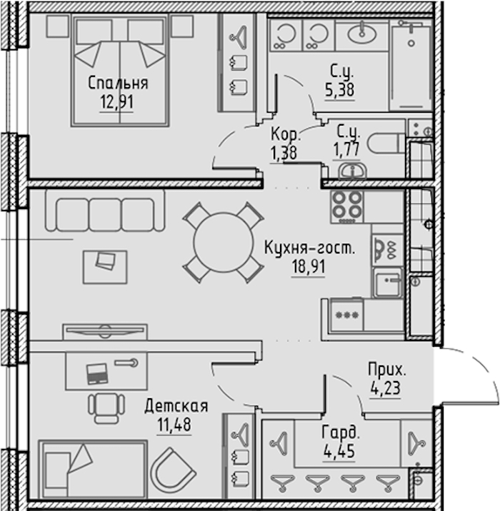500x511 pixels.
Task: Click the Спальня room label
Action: click(118, 83)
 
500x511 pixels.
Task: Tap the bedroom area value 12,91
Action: click(116, 102)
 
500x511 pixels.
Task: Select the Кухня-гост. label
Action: click(309, 248)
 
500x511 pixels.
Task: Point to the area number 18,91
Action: click(309, 267)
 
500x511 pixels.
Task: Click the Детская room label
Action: click(176, 406)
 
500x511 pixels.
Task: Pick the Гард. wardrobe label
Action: click(341, 432)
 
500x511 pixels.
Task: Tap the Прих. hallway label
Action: click(387, 370)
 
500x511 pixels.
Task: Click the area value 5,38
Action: click(339, 90)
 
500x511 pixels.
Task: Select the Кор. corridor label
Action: click(286, 133)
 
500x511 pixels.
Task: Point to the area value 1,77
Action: click(346, 150)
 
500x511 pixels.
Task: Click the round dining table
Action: click(224, 243)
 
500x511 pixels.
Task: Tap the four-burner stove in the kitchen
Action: click(347, 207)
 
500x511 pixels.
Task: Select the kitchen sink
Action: click(387, 283)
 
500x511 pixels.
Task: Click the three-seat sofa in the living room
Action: click(105, 211)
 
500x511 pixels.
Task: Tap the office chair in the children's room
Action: click(106, 408)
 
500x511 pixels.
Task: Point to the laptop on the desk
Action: click(97, 373)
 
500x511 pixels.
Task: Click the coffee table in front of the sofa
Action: click(105, 267)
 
